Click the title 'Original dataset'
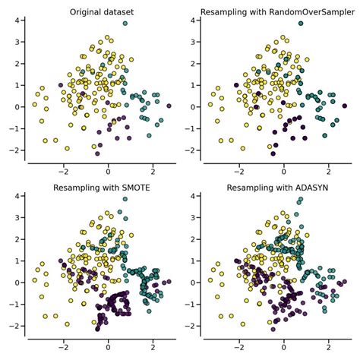click(101, 12)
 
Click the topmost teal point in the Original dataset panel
click(125, 24)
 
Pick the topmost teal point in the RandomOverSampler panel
click(301, 24)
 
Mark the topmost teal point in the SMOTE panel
click(125, 199)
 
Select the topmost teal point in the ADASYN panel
click(301, 199)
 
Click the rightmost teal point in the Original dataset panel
click(169, 106)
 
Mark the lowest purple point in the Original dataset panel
click(97, 153)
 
